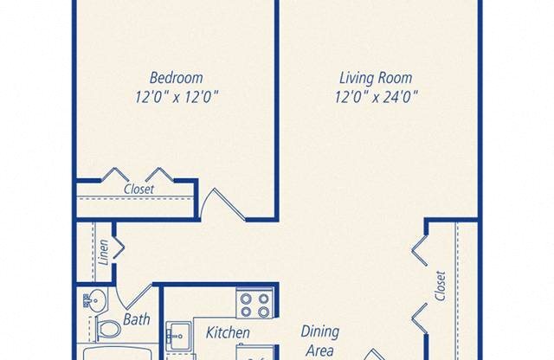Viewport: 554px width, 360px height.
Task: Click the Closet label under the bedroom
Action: (x=138, y=189)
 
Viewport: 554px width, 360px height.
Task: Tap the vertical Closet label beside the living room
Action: (x=441, y=286)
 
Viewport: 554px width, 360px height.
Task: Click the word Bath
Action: (x=136, y=319)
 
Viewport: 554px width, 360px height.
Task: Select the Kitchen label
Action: (x=228, y=332)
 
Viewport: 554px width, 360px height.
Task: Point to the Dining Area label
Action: (x=319, y=341)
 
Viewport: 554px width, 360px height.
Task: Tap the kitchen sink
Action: (x=179, y=333)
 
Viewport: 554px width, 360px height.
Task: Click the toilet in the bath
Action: (x=107, y=330)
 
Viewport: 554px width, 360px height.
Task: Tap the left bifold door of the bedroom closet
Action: (x=115, y=174)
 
